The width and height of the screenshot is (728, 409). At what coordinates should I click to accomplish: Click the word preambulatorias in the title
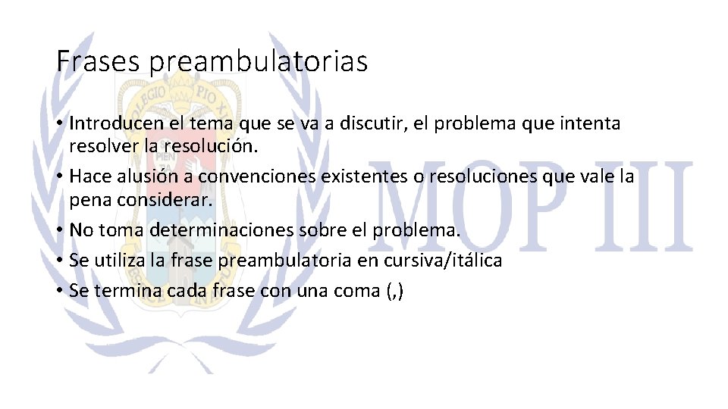coord(258,62)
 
